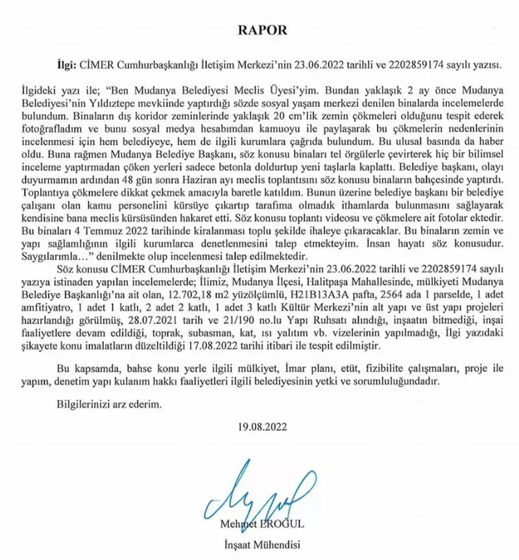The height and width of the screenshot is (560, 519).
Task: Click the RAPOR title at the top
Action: tap(259, 30)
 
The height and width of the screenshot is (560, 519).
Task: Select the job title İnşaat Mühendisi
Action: tap(259, 544)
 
